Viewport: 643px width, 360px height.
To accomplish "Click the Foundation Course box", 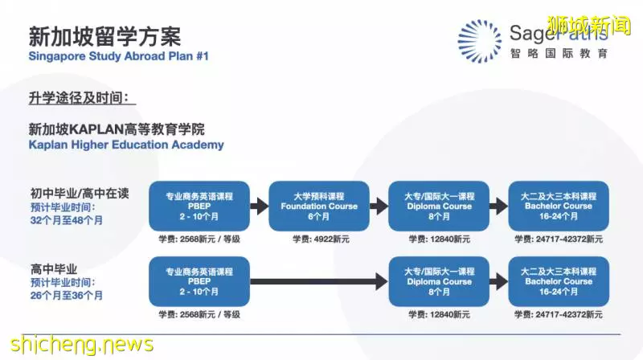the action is coord(319,206).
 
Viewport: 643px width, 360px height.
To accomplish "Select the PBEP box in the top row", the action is coord(199,206).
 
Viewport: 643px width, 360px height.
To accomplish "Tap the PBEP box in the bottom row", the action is coord(199,281).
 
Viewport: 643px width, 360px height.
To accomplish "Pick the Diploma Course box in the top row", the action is coord(439,206).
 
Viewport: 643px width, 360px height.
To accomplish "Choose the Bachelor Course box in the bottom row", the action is coord(559,281).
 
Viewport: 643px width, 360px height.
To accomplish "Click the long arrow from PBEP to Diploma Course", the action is coord(319,281).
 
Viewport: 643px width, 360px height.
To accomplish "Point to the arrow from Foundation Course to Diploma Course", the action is coord(379,206).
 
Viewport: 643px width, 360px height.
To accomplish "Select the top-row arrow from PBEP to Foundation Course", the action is coord(259,206).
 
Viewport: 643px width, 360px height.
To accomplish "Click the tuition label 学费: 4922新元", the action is coord(321,239).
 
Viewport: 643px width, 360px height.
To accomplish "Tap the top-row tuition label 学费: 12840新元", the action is coord(439,239).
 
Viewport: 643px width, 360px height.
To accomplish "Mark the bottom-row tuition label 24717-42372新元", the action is coord(569,314).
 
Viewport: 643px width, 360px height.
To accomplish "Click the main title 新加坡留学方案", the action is coord(104,36).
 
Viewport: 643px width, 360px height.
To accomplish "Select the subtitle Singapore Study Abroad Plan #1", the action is coord(118,56).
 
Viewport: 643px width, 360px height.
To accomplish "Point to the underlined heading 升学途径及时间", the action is coord(79,98).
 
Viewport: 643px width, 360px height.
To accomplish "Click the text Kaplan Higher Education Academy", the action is coord(126,145).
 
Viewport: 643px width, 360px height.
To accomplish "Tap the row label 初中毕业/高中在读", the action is coord(80,193).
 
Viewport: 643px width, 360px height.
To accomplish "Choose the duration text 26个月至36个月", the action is coord(67,295).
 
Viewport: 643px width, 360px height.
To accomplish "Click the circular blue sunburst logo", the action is coord(479,42).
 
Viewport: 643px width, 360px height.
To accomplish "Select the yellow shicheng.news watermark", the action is coord(82,345).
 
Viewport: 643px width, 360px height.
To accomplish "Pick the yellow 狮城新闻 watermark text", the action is coord(589,26).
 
